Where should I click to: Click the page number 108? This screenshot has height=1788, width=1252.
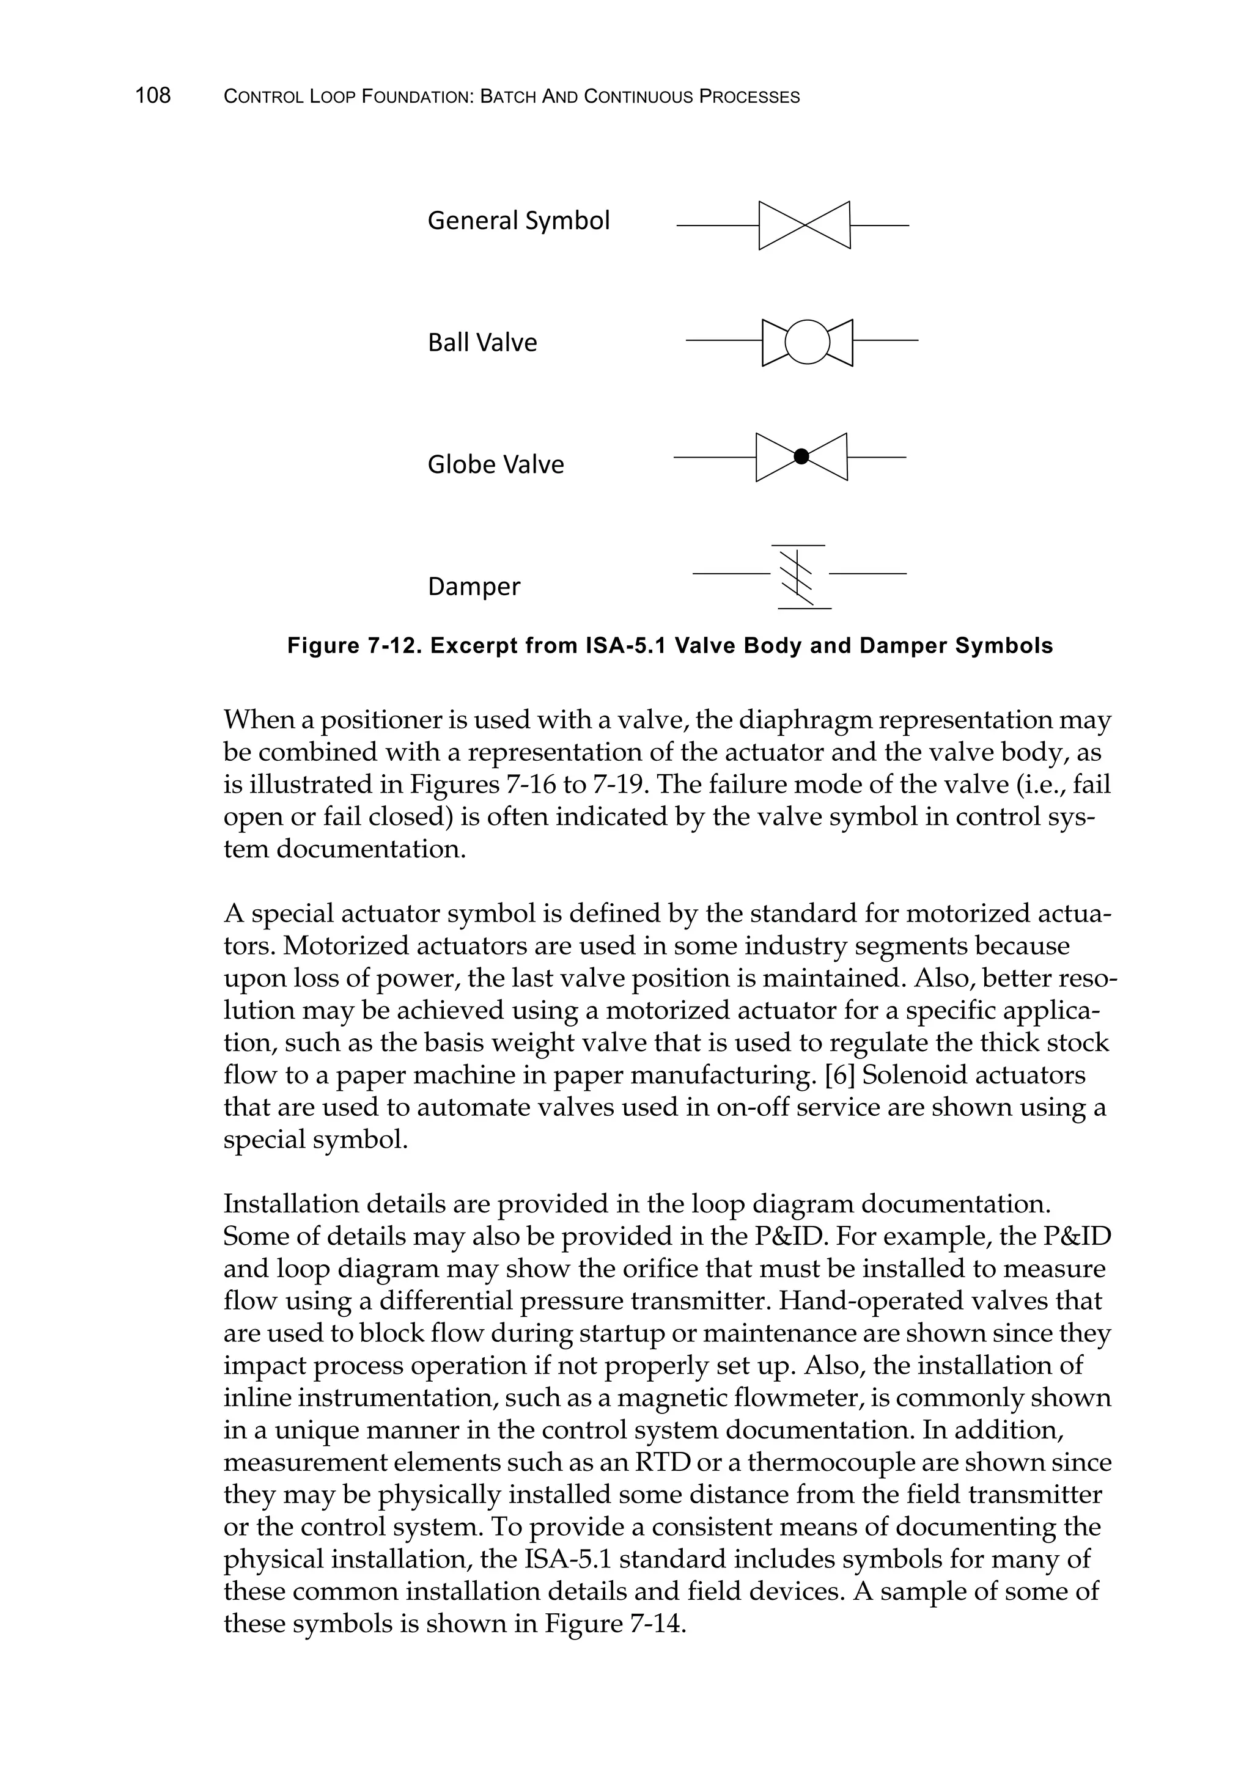tap(153, 96)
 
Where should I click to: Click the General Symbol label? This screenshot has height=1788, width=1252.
tap(518, 221)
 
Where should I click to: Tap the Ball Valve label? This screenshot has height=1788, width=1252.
tap(482, 343)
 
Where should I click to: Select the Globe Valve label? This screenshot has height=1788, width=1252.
tap(496, 465)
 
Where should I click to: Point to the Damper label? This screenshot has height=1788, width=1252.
tap(474, 587)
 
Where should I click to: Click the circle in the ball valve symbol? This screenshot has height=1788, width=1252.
tap(807, 342)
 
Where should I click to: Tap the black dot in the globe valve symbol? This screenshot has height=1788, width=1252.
tap(801, 457)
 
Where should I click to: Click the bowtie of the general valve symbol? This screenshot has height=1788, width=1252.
tap(804, 226)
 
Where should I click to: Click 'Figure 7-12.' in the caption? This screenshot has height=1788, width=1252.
tap(355, 647)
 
